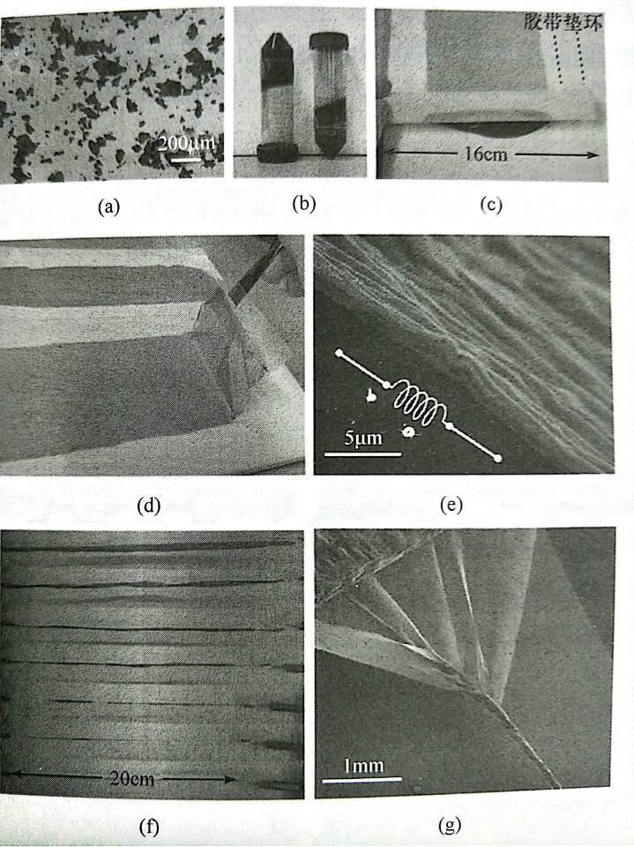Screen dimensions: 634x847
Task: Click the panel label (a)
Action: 108,206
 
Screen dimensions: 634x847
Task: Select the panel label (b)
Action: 303,205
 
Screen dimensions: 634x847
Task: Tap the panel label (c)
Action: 491,206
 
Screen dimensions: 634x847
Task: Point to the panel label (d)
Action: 150,506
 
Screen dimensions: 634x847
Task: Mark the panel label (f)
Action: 149,827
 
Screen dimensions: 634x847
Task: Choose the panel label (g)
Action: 450,826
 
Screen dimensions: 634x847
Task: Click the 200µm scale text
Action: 186,144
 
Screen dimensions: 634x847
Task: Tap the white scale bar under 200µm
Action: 186,160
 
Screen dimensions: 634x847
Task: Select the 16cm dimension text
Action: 486,154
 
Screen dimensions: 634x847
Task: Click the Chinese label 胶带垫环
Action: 563,23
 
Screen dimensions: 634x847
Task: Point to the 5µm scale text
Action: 363,438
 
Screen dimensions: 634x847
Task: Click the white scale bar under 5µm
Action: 362,454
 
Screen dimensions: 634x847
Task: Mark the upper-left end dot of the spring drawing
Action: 339,353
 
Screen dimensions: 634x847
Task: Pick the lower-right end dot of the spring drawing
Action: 497,459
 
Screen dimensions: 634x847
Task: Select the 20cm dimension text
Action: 131,778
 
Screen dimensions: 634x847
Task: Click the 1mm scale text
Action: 363,765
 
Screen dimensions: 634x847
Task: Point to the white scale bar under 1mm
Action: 362,779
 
